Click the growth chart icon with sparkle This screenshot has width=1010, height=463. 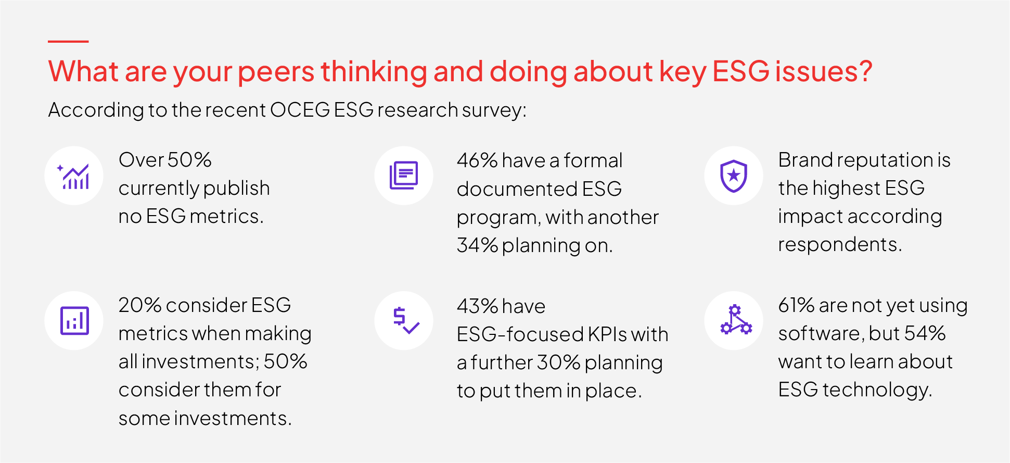(74, 176)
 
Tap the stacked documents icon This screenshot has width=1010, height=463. (404, 176)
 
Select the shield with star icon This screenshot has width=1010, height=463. (734, 176)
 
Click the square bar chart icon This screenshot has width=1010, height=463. (74, 320)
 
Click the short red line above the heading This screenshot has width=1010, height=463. (68, 41)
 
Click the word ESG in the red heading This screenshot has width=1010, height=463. (740, 71)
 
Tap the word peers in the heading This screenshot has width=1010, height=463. (276, 71)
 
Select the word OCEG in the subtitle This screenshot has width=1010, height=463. (300, 110)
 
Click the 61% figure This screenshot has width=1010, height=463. (796, 305)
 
